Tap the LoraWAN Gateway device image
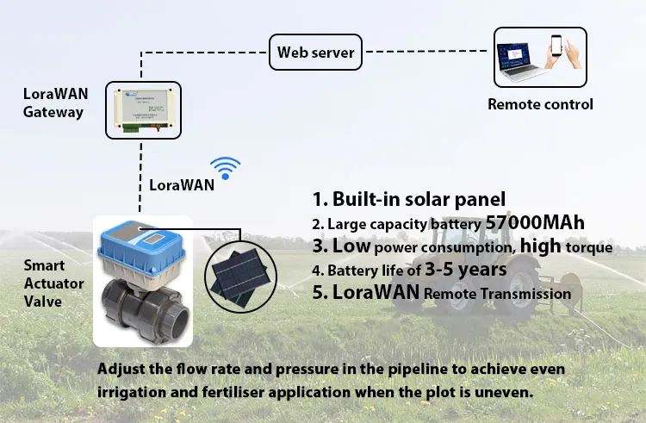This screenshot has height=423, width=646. [143, 110]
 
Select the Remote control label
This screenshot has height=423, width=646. [540, 104]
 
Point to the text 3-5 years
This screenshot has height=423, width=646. [475, 270]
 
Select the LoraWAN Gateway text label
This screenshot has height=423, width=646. [53, 101]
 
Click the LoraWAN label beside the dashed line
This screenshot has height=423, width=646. [182, 184]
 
